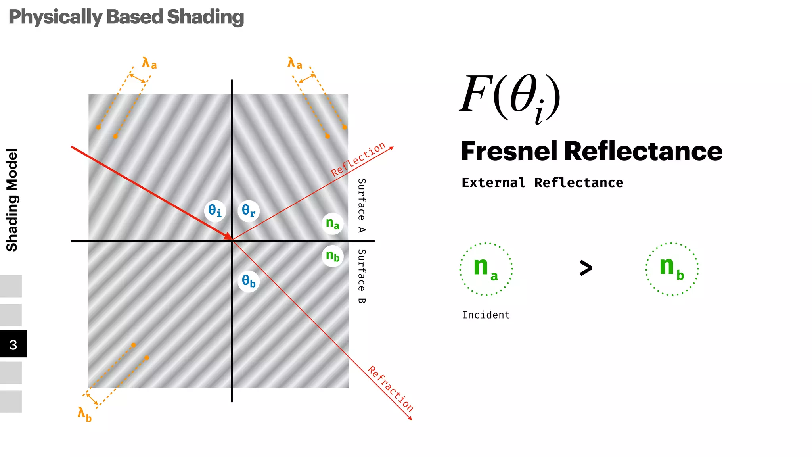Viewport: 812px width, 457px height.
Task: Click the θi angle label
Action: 215,211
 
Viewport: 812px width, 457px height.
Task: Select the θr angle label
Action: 249,211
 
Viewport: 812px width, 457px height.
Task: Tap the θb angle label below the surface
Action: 249,281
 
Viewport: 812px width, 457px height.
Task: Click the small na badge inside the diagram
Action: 332,224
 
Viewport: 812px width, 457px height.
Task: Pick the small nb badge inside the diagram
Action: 332,256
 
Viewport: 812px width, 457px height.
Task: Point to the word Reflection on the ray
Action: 358,159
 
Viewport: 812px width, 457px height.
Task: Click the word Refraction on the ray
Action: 391,389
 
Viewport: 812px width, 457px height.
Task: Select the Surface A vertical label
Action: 362,205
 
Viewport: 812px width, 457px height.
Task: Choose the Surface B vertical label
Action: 362,277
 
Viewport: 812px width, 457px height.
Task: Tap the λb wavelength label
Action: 84,414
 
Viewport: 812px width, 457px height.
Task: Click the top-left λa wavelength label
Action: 149,63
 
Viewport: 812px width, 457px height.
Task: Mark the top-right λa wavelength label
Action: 295,63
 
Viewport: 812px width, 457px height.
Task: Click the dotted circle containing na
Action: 486,269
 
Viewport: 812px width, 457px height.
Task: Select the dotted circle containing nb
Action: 672,269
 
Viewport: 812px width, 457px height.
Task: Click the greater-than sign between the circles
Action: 586,268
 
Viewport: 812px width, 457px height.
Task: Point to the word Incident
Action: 486,315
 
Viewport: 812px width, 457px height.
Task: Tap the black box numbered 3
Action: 13,344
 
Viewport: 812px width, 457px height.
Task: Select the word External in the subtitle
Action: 493,183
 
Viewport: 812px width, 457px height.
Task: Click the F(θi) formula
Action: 510,97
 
